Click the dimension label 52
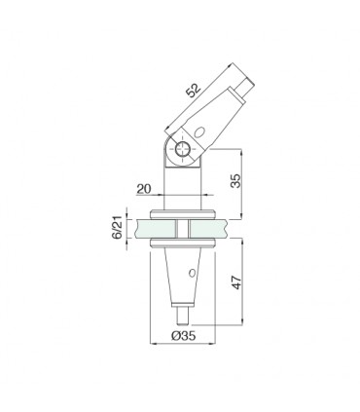click(x=194, y=90)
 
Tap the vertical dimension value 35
click(x=236, y=181)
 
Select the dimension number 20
click(x=144, y=189)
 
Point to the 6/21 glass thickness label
click(x=117, y=227)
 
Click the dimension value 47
click(x=236, y=282)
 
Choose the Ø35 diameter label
click(x=183, y=335)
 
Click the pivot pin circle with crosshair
click(x=182, y=149)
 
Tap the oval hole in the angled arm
click(x=199, y=131)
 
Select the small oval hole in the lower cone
click(x=192, y=273)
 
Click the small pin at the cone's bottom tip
click(x=183, y=316)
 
